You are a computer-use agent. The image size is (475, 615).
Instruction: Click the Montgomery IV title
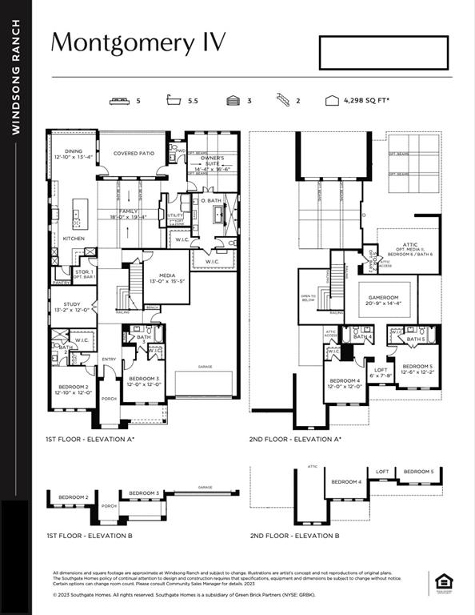tap(138, 42)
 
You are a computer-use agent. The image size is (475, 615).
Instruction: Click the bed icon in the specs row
tap(119, 101)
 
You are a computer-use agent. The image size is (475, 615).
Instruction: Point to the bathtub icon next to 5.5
tap(173, 101)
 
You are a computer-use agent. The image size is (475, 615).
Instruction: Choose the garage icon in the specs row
tap(234, 101)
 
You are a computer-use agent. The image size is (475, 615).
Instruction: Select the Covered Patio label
tap(133, 153)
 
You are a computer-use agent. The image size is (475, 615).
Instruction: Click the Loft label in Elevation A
tap(381, 369)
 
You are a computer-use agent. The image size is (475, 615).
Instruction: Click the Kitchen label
tap(74, 238)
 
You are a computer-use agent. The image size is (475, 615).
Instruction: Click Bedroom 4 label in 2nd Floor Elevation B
tap(346, 481)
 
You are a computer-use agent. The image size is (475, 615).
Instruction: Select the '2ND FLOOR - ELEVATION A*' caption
tap(295, 439)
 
